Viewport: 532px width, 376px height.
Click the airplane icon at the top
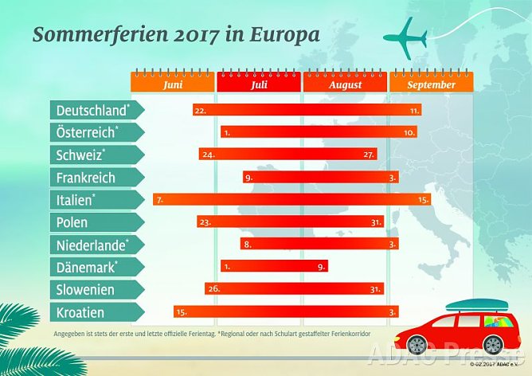pyautogui.click(x=405, y=38)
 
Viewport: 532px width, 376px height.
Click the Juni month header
pyautogui.click(x=173, y=84)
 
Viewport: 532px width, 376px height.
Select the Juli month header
pyautogui.click(x=259, y=84)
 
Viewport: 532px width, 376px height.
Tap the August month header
pyautogui.click(x=345, y=84)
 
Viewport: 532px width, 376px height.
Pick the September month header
pyautogui.click(x=432, y=84)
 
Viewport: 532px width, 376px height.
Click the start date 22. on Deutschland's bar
pyautogui.click(x=200, y=111)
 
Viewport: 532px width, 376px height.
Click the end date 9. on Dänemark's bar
pyautogui.click(x=321, y=267)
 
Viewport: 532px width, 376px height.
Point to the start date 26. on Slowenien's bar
pyautogui.click(x=212, y=289)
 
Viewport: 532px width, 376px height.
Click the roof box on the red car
pyautogui.click(x=475, y=305)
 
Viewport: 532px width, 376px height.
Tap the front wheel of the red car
pyautogui.click(x=417, y=344)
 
